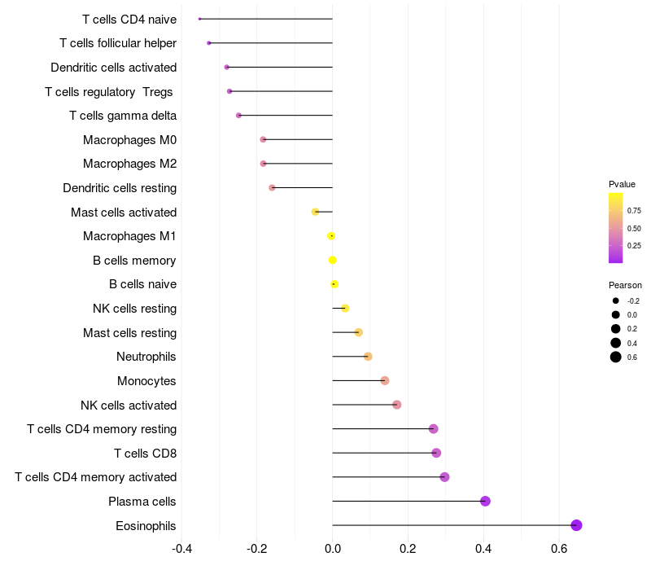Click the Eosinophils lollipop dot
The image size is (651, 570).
[x=576, y=525]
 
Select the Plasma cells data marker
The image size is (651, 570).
[x=485, y=501]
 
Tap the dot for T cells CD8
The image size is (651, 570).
[x=436, y=453]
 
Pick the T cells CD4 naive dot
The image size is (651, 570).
[x=199, y=19]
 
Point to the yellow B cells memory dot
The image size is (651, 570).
[x=332, y=261]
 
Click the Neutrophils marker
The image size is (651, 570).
[x=368, y=357]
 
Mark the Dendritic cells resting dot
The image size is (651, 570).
[x=272, y=188]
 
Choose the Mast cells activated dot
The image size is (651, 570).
[x=315, y=212]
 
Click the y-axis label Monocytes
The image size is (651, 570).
[x=146, y=381]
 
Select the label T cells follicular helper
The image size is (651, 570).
[x=118, y=42]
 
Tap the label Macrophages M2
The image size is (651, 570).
[x=129, y=164]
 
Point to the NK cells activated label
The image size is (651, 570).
[x=129, y=406]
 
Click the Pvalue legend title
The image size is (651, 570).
[x=622, y=184]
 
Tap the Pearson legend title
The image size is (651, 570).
[x=625, y=286]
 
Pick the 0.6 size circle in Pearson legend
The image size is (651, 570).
[x=616, y=357]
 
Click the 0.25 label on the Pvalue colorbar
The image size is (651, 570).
[x=633, y=246]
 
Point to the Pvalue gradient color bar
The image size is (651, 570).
[x=616, y=228]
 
